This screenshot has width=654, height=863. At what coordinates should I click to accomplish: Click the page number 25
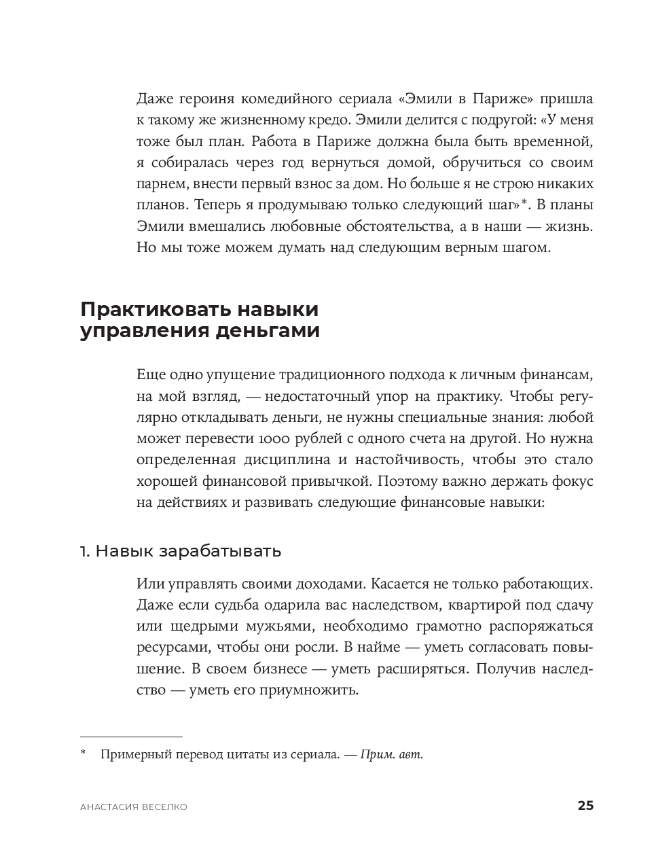point(585,806)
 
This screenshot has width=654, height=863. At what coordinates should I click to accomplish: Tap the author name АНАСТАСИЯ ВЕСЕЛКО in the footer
point(134,807)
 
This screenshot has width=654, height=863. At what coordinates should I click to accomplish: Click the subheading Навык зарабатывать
point(188,551)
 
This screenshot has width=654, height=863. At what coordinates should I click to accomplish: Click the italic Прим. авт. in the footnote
point(392,754)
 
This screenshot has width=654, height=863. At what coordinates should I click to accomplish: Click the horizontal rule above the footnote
point(131,736)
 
